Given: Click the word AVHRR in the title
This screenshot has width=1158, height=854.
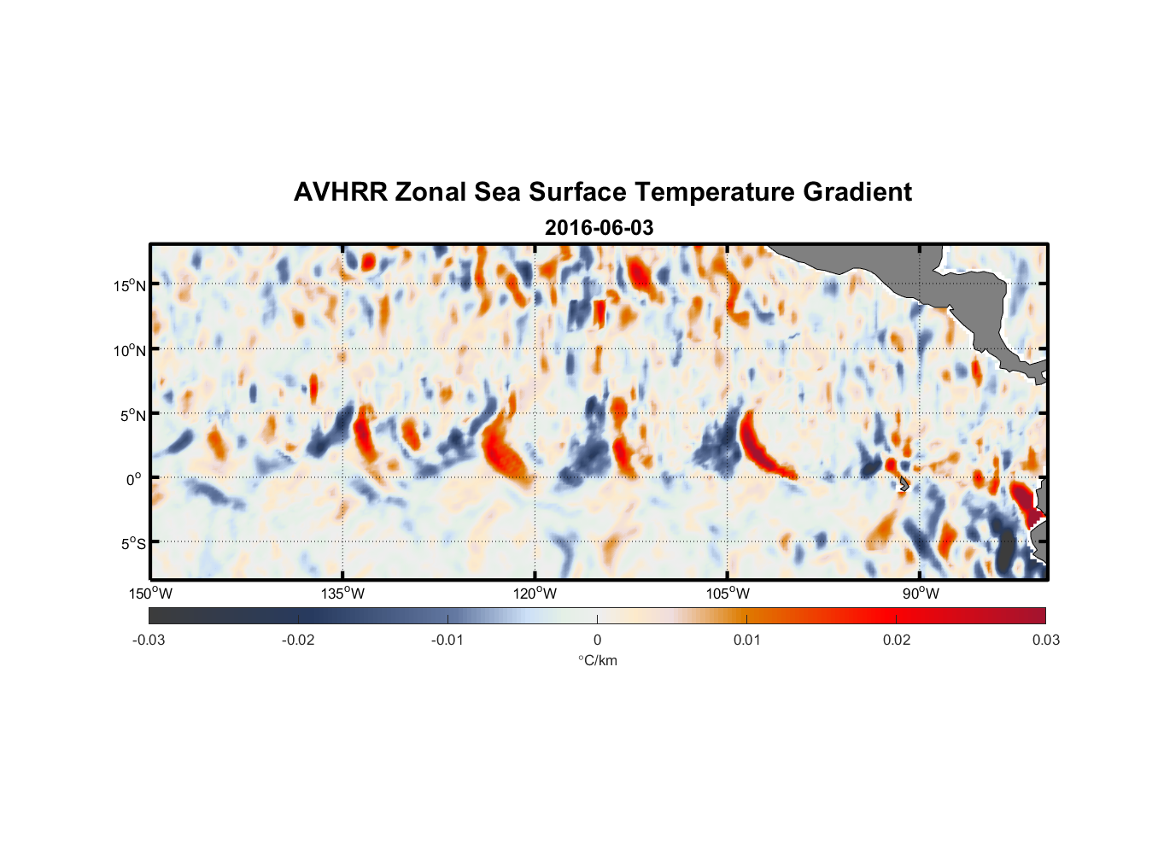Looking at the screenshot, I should click(x=340, y=192).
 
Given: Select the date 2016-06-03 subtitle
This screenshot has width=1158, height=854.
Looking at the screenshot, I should click(x=599, y=228).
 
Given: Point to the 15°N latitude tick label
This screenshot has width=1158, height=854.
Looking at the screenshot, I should click(x=129, y=285).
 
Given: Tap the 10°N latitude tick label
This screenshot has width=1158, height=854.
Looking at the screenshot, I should click(x=129, y=350).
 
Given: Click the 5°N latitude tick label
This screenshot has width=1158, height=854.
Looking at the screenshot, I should click(x=132, y=415).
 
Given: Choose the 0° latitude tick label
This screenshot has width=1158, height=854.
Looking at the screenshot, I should click(x=134, y=479).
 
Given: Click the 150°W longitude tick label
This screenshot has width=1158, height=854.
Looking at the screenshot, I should click(x=150, y=594).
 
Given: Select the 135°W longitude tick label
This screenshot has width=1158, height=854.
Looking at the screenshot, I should click(x=342, y=594).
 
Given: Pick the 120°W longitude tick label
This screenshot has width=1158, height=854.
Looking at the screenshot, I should click(x=535, y=594).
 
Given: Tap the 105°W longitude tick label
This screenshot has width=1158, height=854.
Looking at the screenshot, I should click(x=728, y=594).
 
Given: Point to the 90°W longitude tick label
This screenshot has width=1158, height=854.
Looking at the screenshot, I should click(x=921, y=594).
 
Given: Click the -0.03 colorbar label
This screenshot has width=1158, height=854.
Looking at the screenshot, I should click(x=149, y=640).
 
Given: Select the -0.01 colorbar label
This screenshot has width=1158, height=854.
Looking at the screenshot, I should click(x=447, y=640).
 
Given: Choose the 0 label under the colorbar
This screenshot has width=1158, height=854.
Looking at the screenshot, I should click(x=597, y=640).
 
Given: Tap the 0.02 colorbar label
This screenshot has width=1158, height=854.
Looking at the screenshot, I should click(x=897, y=640).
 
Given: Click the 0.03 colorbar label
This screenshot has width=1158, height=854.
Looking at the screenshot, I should click(x=1045, y=640).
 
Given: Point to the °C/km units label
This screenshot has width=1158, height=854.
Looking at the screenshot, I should click(x=597, y=660).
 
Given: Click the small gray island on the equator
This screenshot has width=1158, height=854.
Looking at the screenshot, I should click(x=903, y=484).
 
